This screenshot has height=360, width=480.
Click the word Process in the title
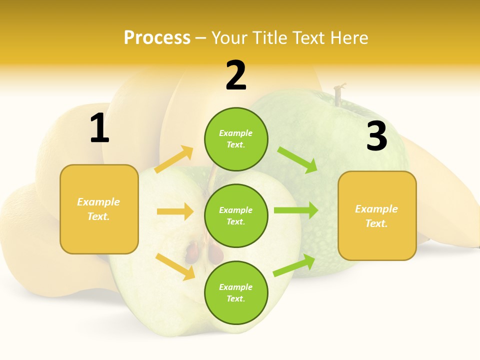coord(157,38)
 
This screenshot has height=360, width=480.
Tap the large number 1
coord(99,128)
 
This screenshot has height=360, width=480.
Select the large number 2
coord(236,75)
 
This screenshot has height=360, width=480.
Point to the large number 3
coord(376,136)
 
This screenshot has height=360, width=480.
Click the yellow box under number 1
coord(99,209)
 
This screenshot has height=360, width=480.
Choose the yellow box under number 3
coord(377,215)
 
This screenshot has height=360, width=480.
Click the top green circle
coord(236,139)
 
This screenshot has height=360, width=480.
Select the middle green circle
coord(236,215)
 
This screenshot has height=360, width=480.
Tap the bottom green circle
coord(236,292)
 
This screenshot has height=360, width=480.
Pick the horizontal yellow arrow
coord(175,211)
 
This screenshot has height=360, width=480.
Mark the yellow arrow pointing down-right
coord(175,266)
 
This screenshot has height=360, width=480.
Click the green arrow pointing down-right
coord(297,159)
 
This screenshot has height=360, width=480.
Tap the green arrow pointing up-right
coord(294,265)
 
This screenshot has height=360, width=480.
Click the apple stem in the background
coord(339,94)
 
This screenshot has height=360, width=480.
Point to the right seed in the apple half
coord(215,253)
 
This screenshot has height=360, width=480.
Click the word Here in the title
coord(349,38)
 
